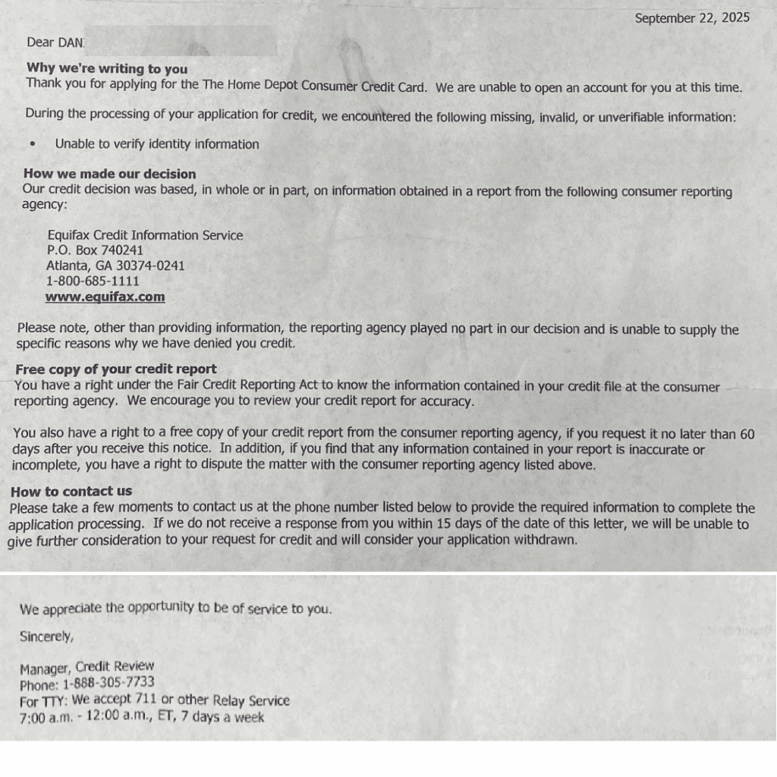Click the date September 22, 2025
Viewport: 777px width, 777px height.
[691, 18]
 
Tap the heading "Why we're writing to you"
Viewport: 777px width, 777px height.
[107, 68]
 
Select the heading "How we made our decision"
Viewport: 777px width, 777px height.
[109, 174]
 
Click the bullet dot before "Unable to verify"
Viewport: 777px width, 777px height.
[32, 144]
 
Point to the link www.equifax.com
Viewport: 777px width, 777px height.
[105, 297]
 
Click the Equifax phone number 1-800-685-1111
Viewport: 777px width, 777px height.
[93, 282]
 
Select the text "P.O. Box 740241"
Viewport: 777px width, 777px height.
[95, 250]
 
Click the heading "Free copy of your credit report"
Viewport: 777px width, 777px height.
[115, 370]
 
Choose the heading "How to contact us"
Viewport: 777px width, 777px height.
[71, 491]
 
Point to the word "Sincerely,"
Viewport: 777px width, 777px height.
[46, 637]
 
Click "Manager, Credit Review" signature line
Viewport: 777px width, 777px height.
[87, 667]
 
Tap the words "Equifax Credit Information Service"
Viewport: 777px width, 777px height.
[145, 235]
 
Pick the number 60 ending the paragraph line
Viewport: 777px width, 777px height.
[747, 434]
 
